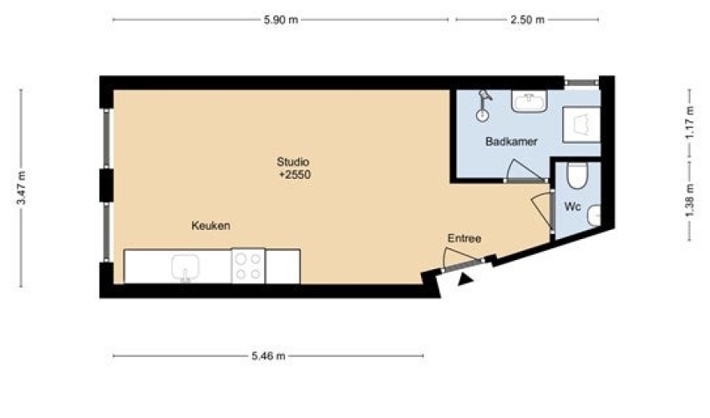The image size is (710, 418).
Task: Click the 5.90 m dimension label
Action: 281,20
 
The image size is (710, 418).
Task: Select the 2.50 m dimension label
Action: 527,20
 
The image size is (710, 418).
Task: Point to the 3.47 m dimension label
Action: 21,188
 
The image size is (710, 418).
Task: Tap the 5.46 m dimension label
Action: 268,356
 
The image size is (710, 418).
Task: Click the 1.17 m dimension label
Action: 690,122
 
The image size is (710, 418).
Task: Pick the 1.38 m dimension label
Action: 690,201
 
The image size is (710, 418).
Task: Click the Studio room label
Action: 293,162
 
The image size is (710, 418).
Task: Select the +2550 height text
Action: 295,175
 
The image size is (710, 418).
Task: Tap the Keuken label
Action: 210,226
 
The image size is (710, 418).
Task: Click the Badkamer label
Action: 511,141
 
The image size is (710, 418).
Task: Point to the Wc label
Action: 572,206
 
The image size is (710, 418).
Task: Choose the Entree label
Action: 464,238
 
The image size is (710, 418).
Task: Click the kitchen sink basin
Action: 185,268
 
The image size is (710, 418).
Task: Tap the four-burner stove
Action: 248,266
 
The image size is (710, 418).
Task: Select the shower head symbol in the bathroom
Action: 484,105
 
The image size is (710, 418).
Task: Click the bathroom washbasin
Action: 530,100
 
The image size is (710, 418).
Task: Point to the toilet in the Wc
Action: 577,176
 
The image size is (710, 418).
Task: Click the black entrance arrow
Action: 465,279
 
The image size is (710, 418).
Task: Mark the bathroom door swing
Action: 524,171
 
